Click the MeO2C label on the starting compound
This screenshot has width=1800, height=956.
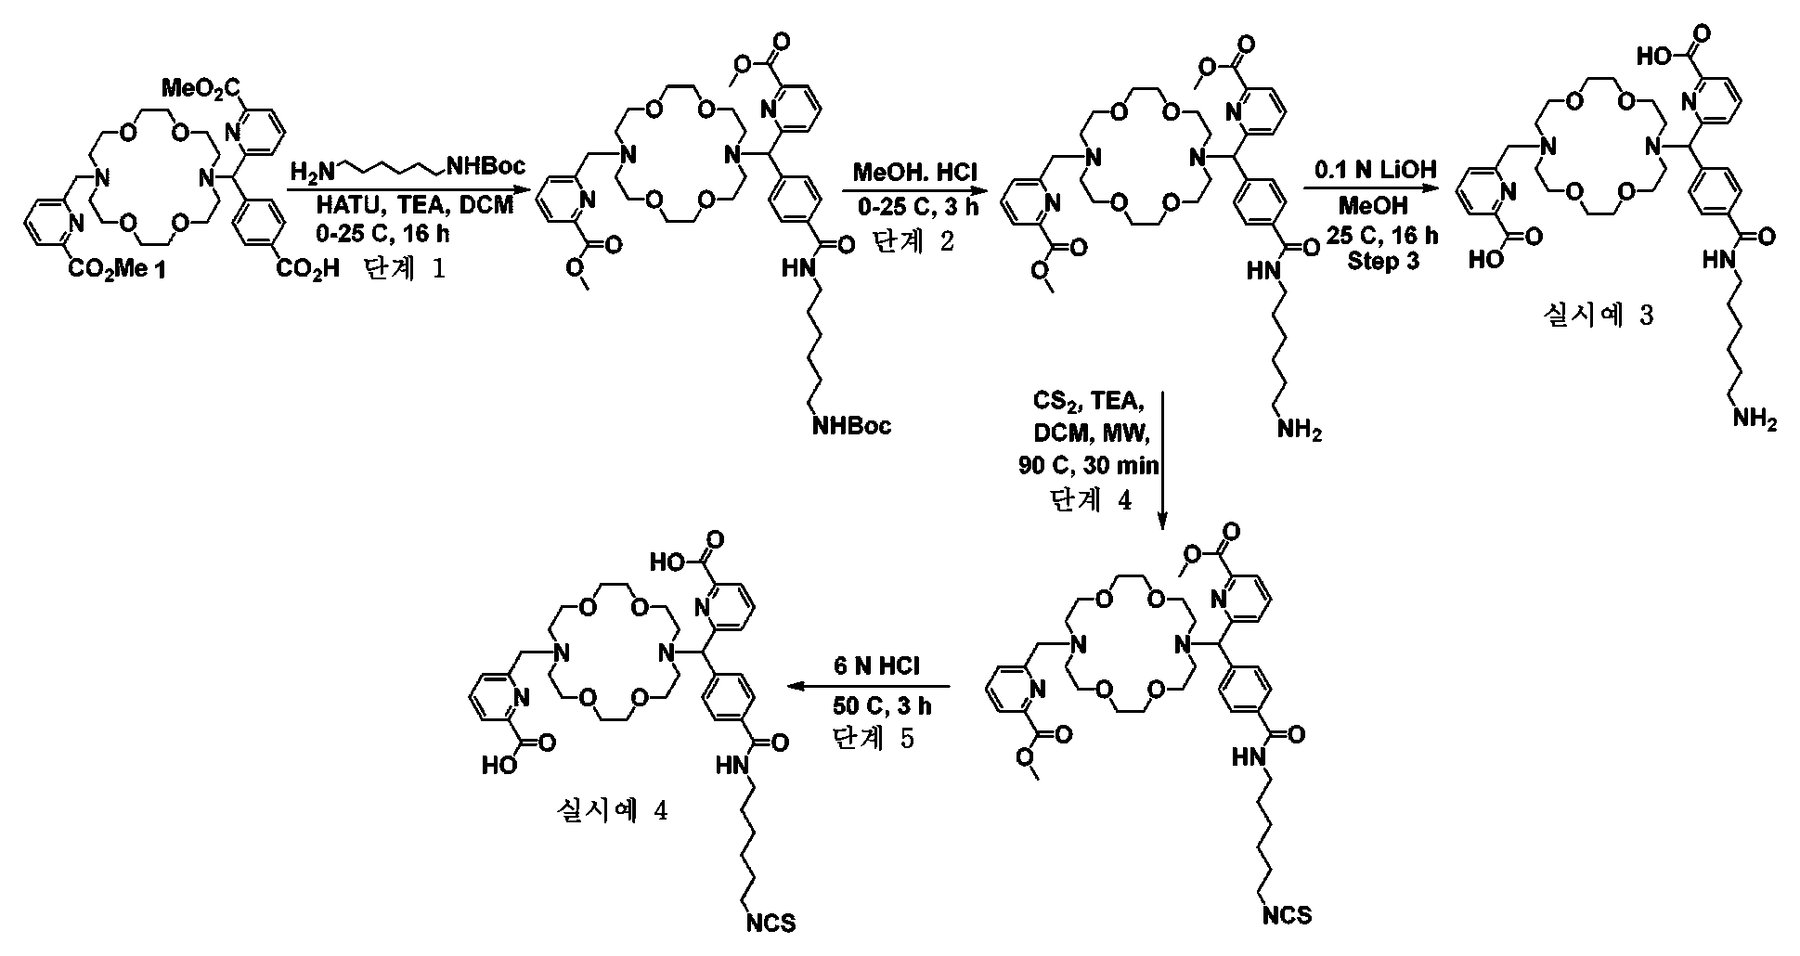pos(201,89)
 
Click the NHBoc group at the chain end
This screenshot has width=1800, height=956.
pos(851,426)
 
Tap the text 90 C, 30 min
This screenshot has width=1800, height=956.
pos(1089,466)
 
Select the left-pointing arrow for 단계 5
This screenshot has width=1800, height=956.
pos(869,687)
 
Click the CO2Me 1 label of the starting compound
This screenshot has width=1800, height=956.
pos(120,269)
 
